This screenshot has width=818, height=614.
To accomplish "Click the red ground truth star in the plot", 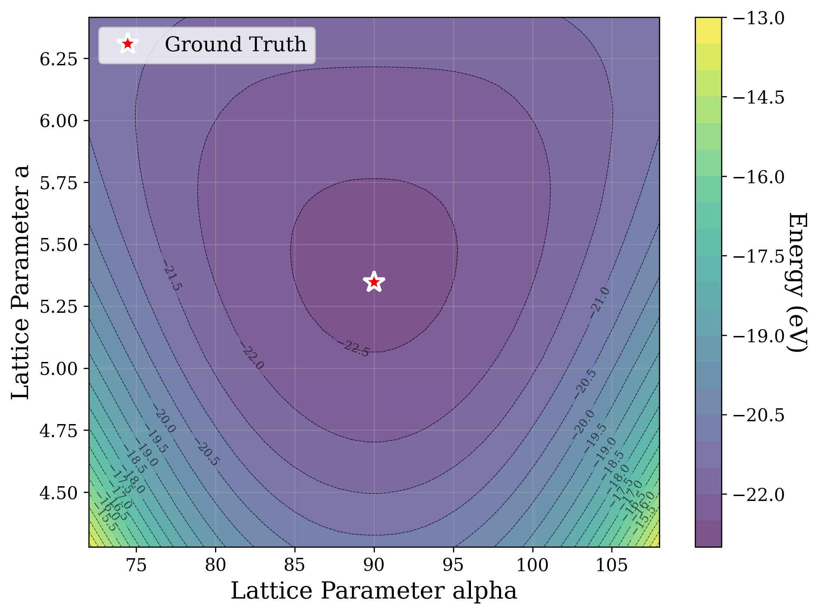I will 374,282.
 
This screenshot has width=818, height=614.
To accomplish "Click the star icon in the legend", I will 128,44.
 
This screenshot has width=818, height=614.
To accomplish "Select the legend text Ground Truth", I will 235,44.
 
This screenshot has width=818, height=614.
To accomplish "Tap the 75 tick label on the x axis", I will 137,565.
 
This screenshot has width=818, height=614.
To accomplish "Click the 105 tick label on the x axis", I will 612,565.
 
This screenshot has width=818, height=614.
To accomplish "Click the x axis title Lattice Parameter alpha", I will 373,591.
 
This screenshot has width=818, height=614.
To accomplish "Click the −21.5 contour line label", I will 173,277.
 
